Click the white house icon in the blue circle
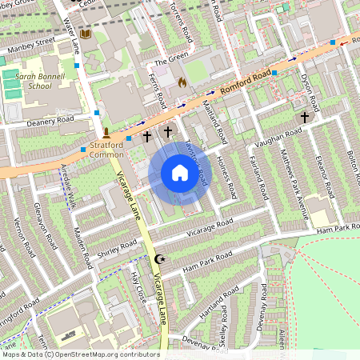(x=180, y=173)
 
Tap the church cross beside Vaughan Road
(x=303, y=117)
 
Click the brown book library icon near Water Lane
(x=85, y=34)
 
